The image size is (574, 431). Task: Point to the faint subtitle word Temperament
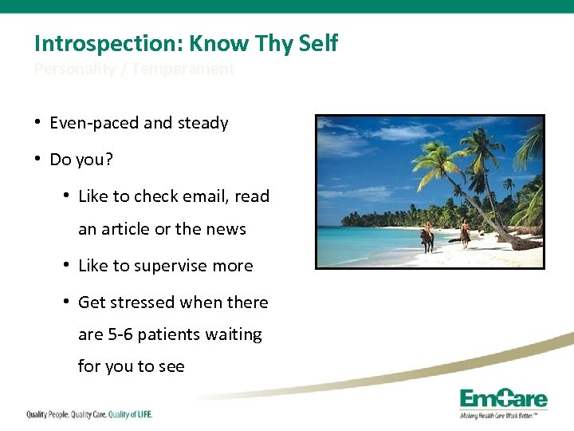pyautogui.click(x=183, y=69)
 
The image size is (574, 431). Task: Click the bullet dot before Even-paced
pyautogui.click(x=37, y=122)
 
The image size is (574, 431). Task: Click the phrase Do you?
pyautogui.click(x=81, y=160)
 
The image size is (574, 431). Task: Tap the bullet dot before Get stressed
pyautogui.click(x=66, y=302)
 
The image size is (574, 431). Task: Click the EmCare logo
pyautogui.click(x=504, y=401)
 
